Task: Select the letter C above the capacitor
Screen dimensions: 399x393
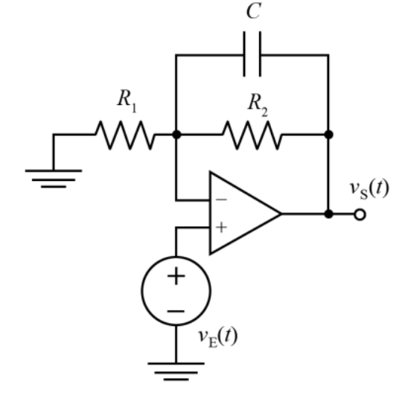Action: tap(253, 11)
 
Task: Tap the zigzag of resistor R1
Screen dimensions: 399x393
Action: tap(125, 135)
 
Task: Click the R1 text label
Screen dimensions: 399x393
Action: tap(127, 100)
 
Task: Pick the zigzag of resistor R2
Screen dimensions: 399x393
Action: tap(252, 135)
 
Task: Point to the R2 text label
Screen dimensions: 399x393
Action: tap(258, 105)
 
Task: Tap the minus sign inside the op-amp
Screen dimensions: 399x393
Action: tap(221, 199)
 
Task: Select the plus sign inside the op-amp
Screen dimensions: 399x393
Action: tap(221, 227)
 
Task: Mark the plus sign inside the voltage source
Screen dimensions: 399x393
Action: tap(176, 275)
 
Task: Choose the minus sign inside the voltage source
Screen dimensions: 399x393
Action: tap(176, 311)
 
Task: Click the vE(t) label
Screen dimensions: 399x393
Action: tap(218, 336)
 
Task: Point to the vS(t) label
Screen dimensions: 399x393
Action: tap(369, 189)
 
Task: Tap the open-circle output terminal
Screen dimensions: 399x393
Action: tap(360, 214)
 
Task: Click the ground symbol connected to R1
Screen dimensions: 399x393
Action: tap(54, 179)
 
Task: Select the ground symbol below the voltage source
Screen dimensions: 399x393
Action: tap(176, 371)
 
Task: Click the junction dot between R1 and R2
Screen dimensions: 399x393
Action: tap(176, 134)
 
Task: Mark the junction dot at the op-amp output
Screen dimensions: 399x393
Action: tap(328, 214)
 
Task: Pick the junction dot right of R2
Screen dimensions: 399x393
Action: tap(328, 134)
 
